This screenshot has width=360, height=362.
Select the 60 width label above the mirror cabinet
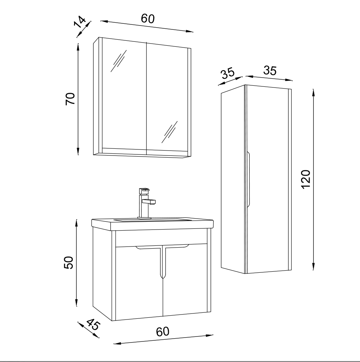[x=148, y=18]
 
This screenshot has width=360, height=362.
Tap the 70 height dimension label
[x=70, y=99]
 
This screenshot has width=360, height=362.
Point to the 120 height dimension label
[x=306, y=179]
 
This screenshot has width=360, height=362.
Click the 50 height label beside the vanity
[x=68, y=262]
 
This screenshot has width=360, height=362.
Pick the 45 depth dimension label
[x=93, y=324]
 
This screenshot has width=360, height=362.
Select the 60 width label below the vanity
[x=162, y=332]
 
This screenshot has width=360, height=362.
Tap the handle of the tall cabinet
[x=249, y=179]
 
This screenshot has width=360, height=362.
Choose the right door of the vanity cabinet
[x=185, y=279]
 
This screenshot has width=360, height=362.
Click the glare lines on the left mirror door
[x=118, y=61]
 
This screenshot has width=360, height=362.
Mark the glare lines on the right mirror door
[x=169, y=132]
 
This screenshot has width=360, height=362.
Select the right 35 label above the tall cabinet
[x=270, y=70]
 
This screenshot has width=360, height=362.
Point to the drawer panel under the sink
[x=161, y=238]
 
